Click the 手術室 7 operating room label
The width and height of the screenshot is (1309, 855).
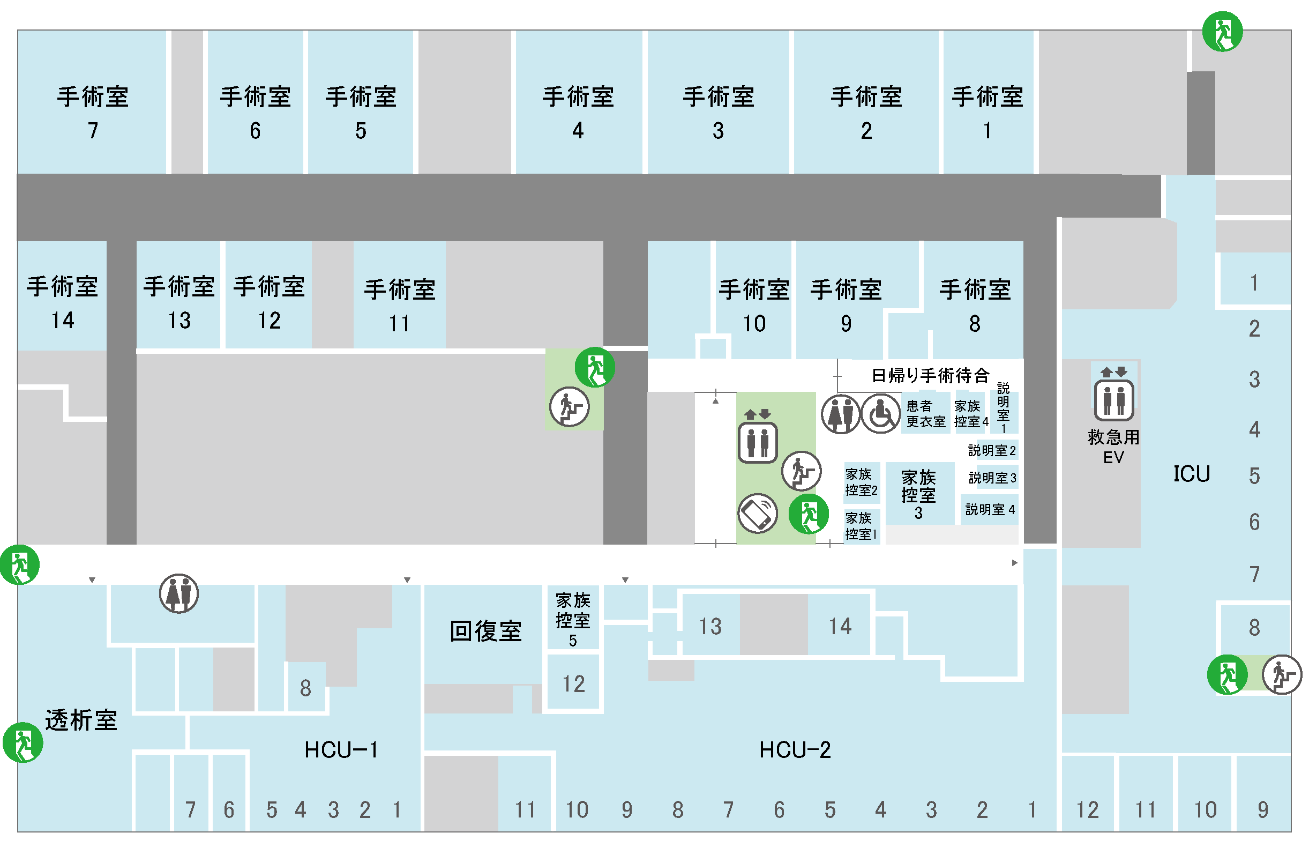[x=93, y=113]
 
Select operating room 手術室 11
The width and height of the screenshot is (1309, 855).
[x=400, y=306]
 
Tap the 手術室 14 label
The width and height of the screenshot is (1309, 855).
[x=63, y=303]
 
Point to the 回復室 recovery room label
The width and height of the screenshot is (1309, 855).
[x=485, y=631]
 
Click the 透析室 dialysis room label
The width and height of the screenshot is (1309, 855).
[x=81, y=720]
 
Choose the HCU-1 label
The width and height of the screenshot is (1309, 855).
[x=341, y=750]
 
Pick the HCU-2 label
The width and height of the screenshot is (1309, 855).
[x=795, y=750]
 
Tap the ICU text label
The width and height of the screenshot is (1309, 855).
[x=1192, y=474]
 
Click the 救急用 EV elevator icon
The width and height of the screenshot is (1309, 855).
[x=1114, y=395]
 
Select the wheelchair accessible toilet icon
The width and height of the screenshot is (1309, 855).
[x=881, y=414]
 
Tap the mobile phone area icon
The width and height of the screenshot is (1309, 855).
[x=757, y=514]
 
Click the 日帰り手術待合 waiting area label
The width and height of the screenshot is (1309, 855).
[x=931, y=376]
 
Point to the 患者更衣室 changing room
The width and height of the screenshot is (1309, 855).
[x=926, y=414]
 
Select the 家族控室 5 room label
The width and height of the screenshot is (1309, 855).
[x=573, y=620]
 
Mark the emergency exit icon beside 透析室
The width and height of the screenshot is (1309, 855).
[x=23, y=742]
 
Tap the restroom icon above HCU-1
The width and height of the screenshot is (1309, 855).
[x=179, y=593]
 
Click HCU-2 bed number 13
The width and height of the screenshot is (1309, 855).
[x=710, y=626]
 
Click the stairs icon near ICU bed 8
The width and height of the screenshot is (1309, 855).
[x=1282, y=674]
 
